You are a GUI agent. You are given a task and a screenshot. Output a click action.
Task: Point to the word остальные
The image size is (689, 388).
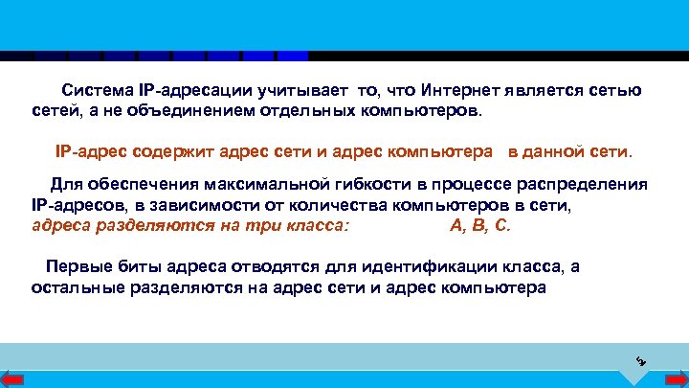[74, 286]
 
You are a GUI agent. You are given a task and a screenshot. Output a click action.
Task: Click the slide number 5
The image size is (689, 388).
[641, 361]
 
